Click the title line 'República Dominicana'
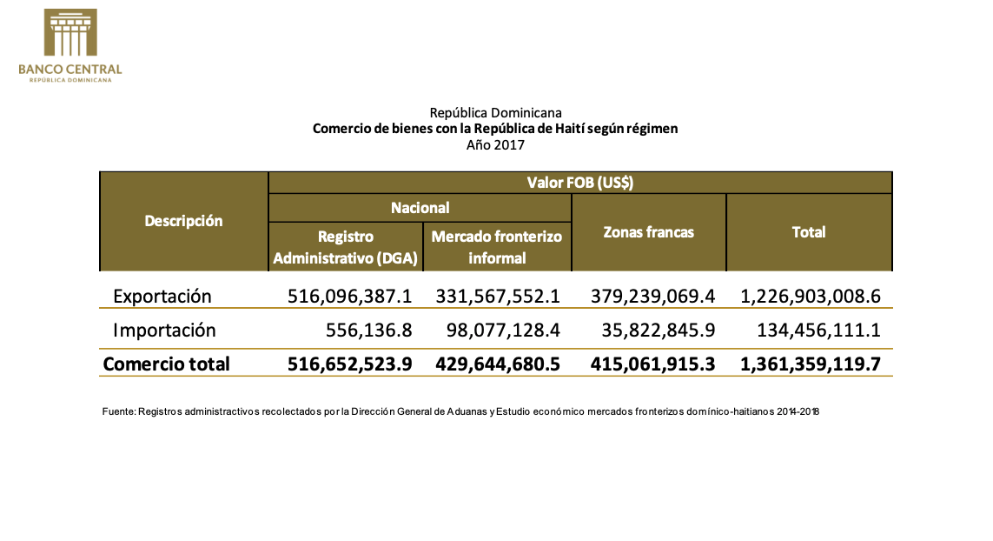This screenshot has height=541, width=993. (495, 113)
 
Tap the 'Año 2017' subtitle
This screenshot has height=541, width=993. (495, 144)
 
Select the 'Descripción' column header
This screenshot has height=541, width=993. (183, 221)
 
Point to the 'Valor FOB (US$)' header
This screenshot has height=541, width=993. (579, 183)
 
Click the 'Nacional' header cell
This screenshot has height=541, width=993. (420, 208)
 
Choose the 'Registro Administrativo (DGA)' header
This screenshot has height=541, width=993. (346, 247)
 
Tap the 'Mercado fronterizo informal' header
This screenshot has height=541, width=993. (497, 247)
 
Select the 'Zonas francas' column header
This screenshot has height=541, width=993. (648, 232)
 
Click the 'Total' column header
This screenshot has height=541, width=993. (809, 232)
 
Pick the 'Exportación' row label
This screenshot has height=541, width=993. (162, 296)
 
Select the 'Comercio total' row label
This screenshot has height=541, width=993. (166, 364)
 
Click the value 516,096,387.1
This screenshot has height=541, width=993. (349, 296)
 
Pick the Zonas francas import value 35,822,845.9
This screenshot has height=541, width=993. (652, 331)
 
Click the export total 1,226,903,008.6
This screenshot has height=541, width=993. (810, 296)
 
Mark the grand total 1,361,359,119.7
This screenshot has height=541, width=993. (810, 364)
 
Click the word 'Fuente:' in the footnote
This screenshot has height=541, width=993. (118, 411)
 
